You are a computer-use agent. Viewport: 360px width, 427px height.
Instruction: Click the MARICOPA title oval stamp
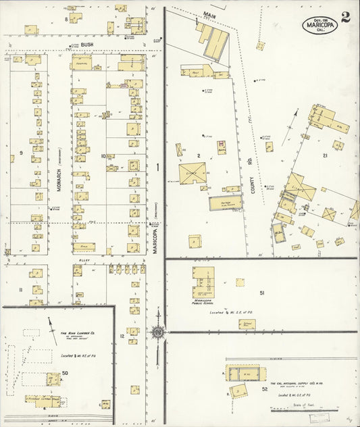319,25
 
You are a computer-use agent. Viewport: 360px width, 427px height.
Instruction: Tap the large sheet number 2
345,18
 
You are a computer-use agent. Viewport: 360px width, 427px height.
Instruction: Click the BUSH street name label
86,45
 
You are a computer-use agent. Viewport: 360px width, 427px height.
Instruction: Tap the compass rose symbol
158,331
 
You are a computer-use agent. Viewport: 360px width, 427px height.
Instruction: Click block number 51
261,293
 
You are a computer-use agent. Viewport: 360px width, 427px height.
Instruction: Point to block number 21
325,155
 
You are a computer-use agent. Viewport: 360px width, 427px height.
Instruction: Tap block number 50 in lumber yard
65,372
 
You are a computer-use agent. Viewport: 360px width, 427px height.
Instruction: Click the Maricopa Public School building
203,282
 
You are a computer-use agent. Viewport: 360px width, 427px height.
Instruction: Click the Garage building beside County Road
225,203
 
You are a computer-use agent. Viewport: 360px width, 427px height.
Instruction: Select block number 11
21,290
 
